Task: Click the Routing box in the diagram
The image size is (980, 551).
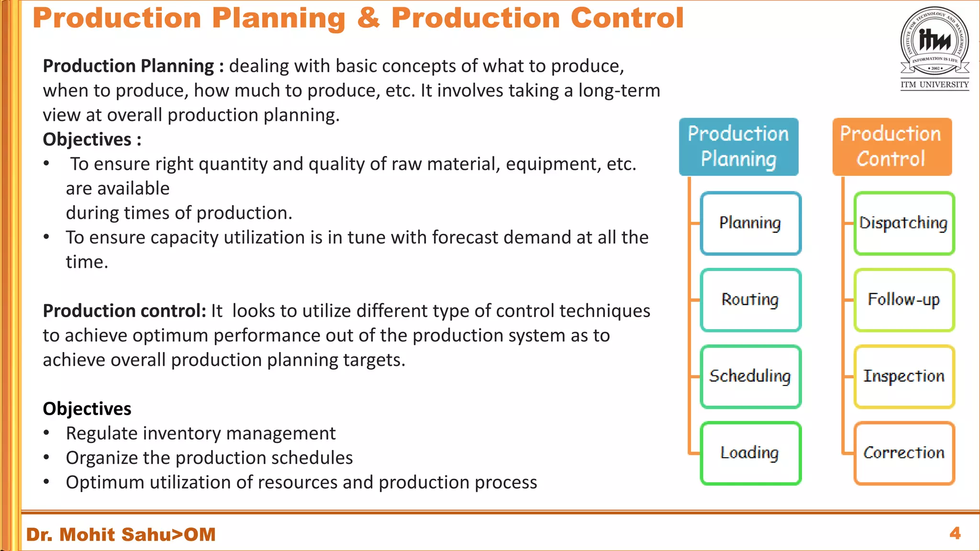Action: pos(750,300)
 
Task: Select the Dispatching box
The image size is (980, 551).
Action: pos(904,223)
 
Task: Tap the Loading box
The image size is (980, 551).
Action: pos(750,453)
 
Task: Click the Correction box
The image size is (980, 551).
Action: pos(904,453)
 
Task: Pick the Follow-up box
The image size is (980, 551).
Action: pos(904,300)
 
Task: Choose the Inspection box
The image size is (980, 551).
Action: pos(904,376)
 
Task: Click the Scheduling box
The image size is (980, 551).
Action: pos(750,376)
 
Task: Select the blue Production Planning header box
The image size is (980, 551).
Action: pos(738,146)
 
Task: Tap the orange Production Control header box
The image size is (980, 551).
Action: pos(891,146)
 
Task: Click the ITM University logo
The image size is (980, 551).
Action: pos(935,48)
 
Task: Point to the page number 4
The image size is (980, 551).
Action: pos(955,533)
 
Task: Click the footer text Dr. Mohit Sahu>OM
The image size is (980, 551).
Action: pos(121,534)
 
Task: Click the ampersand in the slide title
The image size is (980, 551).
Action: pos(368,18)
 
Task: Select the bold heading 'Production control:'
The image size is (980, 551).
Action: pos(124,311)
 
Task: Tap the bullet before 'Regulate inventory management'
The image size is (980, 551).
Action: pos(46,433)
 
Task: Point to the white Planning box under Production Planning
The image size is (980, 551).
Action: pos(750,223)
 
